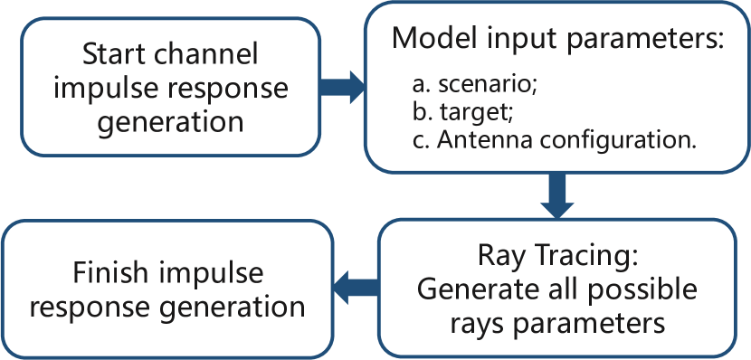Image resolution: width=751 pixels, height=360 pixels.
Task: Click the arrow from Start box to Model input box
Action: [x=342, y=87]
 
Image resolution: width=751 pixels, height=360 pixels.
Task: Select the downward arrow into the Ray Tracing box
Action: [x=557, y=195]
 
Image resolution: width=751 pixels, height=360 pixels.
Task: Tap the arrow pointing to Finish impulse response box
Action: [x=356, y=288]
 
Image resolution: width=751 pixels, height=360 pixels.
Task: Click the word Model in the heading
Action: [x=434, y=38]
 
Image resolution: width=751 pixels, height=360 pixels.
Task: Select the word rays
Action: [x=474, y=324]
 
